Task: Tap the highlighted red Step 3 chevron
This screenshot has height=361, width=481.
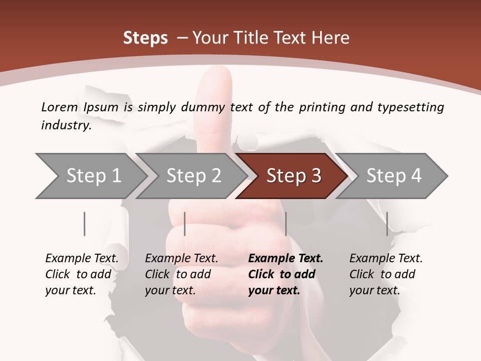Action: coord(293,176)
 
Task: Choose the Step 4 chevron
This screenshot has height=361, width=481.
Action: coord(393,176)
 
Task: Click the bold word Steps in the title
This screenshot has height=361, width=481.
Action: coord(145,38)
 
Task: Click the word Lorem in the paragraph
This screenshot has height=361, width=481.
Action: coord(59,107)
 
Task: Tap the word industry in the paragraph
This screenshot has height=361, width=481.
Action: coord(65,125)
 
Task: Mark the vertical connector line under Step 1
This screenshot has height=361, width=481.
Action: coord(85,224)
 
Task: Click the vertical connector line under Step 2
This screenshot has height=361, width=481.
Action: coord(185,224)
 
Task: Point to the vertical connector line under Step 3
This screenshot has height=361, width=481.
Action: coord(286,224)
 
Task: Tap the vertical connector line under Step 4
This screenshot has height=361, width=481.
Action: coord(387,224)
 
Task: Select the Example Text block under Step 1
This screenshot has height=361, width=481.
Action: coord(82,274)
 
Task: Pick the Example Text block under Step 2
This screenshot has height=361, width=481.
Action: coord(181,274)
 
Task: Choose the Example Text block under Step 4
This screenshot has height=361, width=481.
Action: coord(386,274)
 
